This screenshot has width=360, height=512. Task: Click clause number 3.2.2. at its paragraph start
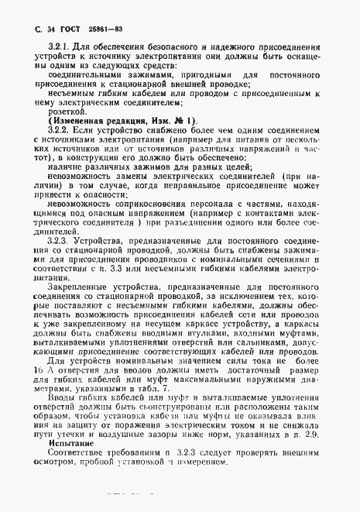point(60,131)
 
